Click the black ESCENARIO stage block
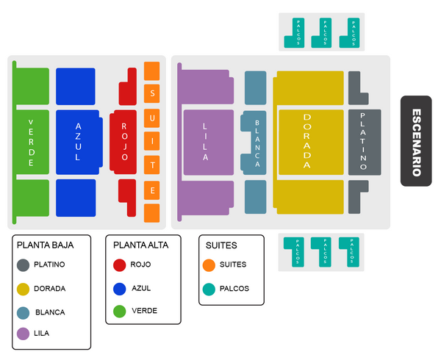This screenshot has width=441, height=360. (416, 141)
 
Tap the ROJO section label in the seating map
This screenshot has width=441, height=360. (124, 142)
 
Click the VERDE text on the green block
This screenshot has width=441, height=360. (31, 141)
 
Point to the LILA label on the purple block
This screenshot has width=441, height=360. (205, 142)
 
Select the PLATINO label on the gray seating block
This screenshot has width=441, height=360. (363, 141)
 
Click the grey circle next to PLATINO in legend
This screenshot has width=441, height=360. (23, 265)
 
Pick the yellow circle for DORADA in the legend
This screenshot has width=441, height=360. (23, 289)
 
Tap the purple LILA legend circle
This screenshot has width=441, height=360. (23, 334)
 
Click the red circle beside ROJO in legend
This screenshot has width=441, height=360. (119, 264)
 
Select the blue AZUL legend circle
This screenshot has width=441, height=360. (119, 288)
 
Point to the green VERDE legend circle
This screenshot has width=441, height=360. (119, 311)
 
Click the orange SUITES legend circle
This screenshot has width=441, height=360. (209, 264)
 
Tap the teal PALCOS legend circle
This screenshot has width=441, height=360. (209, 288)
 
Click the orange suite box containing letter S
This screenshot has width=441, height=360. (152, 93)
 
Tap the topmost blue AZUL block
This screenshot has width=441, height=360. (76, 87)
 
